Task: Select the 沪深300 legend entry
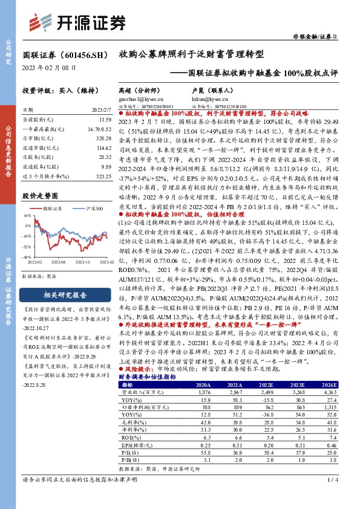point(93,207)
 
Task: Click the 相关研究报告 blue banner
point(65,296)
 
